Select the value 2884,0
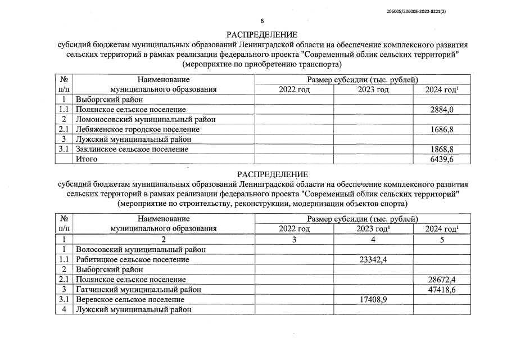[442, 109]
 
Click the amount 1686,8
[442, 129]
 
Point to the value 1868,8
[442, 149]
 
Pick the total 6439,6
[442, 159]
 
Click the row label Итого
[87, 159]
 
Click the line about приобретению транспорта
[262, 65]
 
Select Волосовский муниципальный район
[141, 249]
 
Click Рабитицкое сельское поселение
[132, 259]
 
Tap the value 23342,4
[373, 259]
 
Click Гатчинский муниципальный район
[138, 289]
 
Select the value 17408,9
[373, 299]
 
